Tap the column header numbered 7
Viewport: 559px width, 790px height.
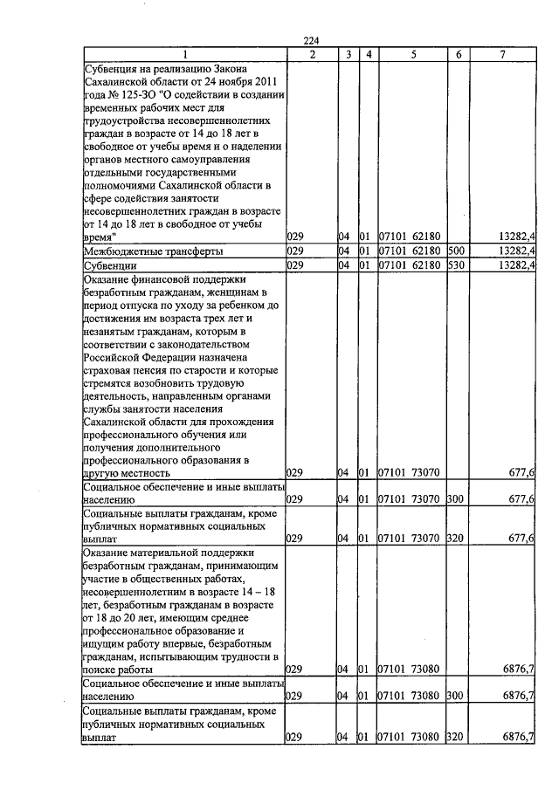pos(502,55)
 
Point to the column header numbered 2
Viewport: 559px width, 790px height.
pos(312,55)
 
